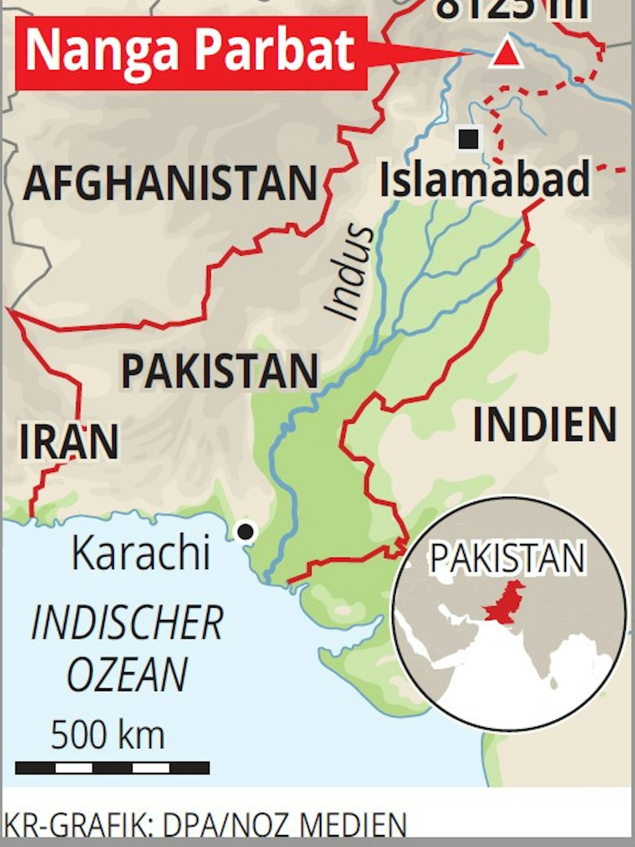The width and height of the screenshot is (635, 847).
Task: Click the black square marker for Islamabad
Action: tap(469, 139)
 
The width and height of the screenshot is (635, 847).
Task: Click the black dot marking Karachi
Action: tap(246, 531)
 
